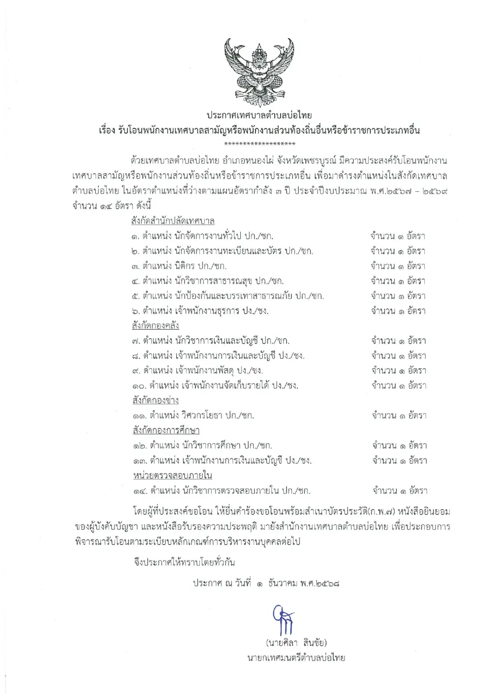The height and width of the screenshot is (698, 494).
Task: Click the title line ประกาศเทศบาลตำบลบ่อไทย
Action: point(259,116)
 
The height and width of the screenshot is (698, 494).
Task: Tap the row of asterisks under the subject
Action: point(260,143)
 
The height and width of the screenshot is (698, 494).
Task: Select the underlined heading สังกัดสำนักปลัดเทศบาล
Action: point(173,221)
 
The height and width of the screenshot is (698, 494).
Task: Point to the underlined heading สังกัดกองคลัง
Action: point(154,325)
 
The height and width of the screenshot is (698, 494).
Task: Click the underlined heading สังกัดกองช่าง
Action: point(155,401)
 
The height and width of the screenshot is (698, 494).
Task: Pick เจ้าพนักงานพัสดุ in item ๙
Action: point(204,370)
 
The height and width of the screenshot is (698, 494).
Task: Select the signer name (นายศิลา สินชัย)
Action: point(296,643)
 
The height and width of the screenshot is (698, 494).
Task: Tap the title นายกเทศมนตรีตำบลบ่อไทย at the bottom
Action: point(296,658)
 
